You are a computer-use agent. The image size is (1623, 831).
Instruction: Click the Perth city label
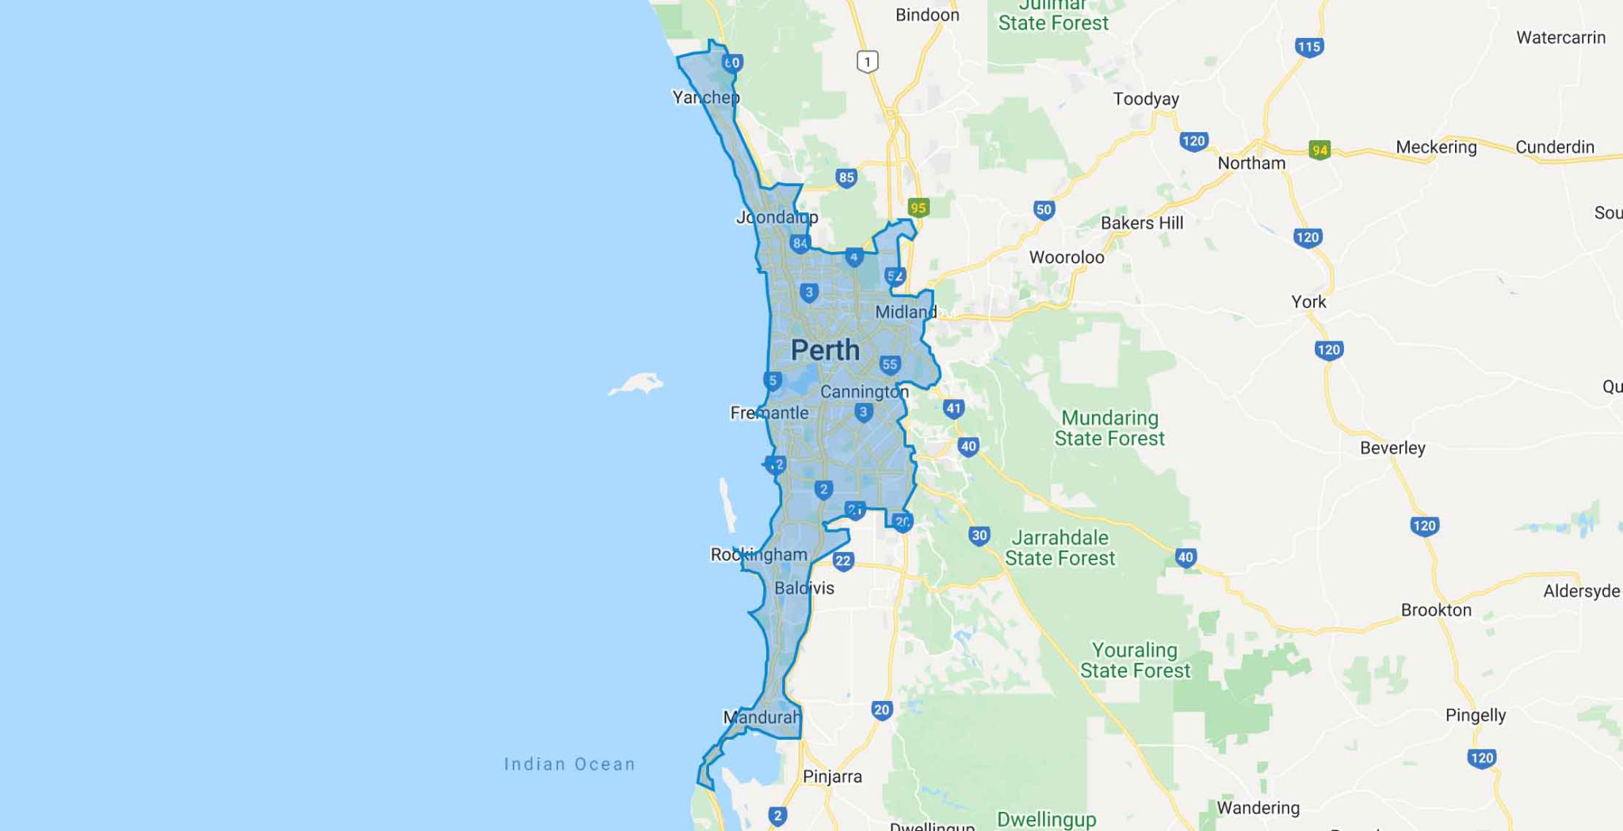coord(825,350)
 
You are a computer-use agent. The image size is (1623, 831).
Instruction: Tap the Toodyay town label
coord(1146,99)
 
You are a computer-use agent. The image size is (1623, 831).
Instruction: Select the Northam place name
coord(1251,163)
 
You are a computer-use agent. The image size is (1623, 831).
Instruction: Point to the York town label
coord(1308,302)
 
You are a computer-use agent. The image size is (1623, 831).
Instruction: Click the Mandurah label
coord(762,718)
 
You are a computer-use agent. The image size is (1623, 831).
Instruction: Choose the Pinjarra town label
coord(832,776)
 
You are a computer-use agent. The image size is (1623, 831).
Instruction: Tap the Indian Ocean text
coord(570,764)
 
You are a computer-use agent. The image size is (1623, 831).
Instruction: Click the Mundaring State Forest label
coord(1109,428)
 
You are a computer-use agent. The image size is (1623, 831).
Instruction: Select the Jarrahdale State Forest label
coord(1060,548)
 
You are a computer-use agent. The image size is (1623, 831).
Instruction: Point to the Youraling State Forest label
coord(1135,661)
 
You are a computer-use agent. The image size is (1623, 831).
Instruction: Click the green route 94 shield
coord(1319,150)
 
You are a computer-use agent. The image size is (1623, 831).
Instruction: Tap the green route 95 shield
coord(918,208)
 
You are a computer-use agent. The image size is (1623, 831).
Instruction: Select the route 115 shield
coord(1308,47)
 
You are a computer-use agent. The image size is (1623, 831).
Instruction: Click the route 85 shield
coord(846,177)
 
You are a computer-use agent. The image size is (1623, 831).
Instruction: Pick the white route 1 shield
coord(868,62)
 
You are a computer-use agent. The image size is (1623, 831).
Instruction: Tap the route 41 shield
coord(953,409)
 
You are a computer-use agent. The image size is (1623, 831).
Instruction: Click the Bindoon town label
coord(927,15)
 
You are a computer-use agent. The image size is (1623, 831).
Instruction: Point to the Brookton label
coord(1436,610)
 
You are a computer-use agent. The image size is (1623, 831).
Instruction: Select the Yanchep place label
coord(705,97)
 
